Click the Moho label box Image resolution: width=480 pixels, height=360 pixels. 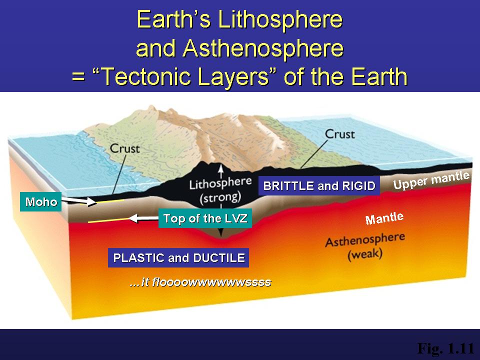pos(40,201)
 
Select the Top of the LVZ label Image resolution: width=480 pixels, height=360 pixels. pos(205,218)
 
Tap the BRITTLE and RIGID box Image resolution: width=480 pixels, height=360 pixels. pos(319,185)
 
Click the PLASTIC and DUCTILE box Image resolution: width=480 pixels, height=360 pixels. pos(178,258)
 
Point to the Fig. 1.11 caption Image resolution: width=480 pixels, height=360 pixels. pos(445,348)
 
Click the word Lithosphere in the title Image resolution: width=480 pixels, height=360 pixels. pos(280,19)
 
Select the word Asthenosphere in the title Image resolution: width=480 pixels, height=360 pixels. pos(263,48)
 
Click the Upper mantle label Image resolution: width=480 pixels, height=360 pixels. pos(431,180)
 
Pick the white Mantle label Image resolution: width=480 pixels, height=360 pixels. pos(384,218)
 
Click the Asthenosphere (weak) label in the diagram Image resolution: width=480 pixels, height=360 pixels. pos(365,246)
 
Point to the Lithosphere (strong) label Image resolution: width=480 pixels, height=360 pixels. pos(220,190)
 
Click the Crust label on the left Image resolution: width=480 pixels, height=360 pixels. pos(125,148)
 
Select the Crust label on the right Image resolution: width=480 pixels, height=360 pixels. pos(340,134)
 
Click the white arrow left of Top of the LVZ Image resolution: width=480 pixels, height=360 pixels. pos(143,218)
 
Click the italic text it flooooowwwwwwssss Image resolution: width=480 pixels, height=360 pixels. pos(200,281)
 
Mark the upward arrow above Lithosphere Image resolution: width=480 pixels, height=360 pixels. pos(220,171)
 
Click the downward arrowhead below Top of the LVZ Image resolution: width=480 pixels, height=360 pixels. pos(220,233)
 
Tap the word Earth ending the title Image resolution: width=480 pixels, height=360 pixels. pos(379,76)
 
